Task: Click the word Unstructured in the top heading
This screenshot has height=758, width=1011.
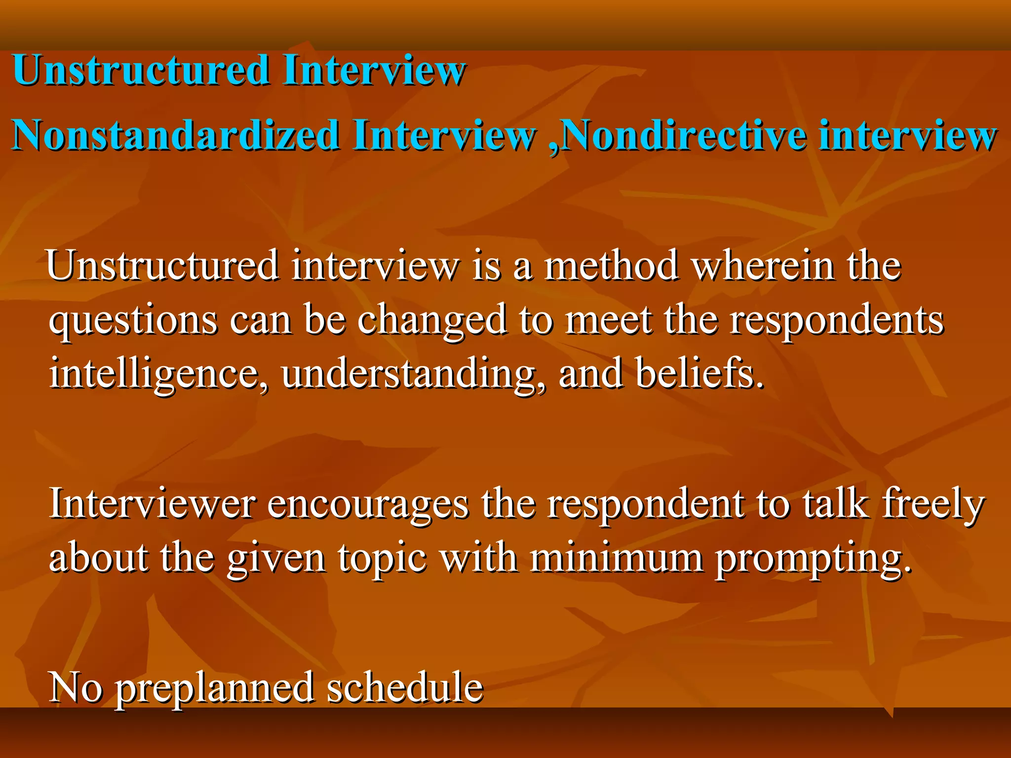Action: (x=141, y=70)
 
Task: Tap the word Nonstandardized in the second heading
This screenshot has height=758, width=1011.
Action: (x=175, y=135)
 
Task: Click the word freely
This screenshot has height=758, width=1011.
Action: (x=933, y=504)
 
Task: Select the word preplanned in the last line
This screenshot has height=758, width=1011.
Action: (x=215, y=689)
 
